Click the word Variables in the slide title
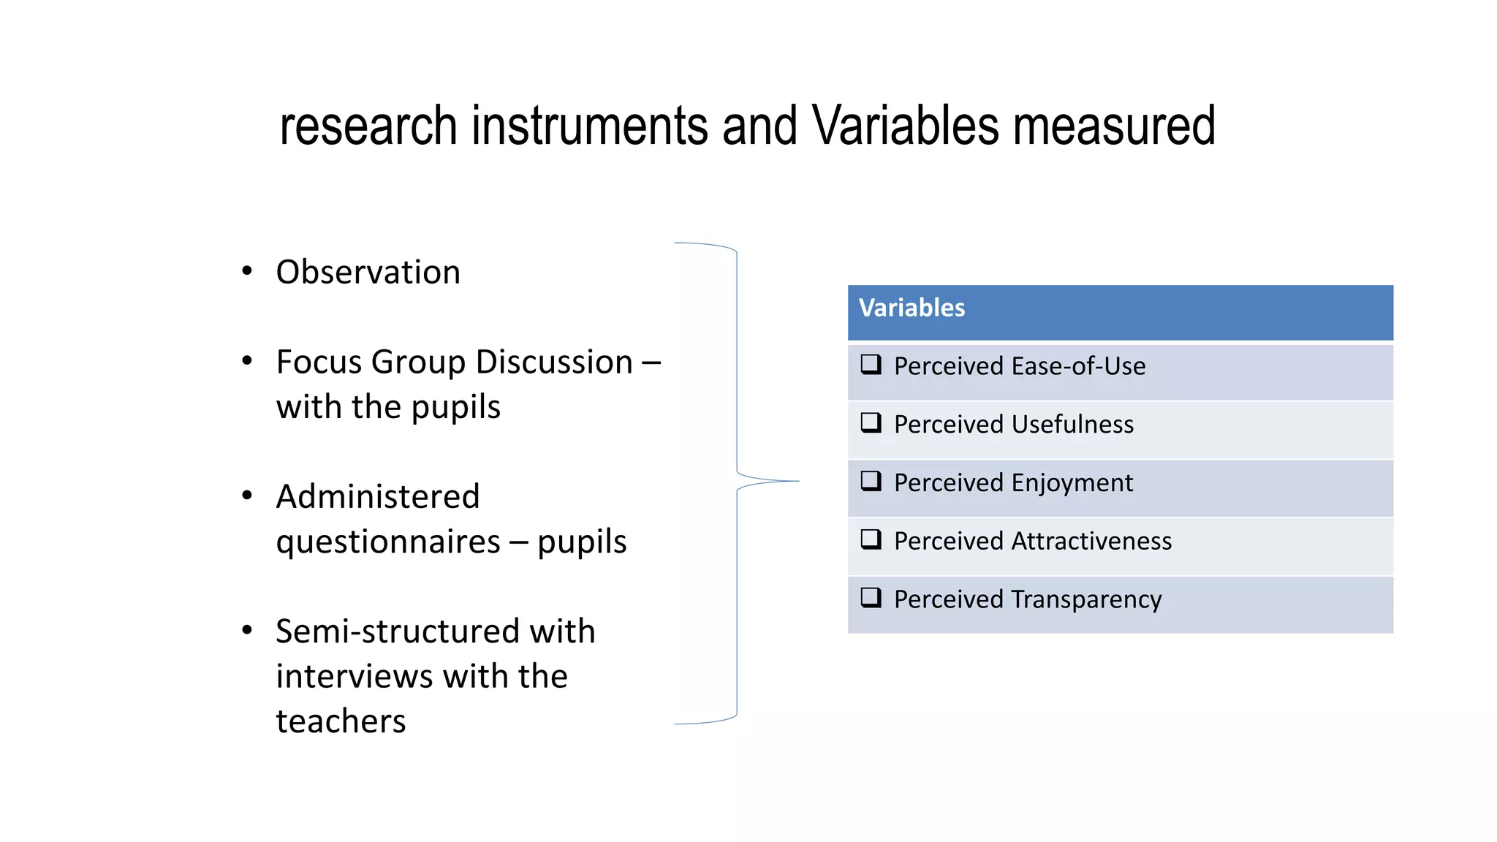coord(905,126)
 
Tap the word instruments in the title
coord(589,126)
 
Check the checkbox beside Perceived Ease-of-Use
coord(871,364)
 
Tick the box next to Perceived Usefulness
coord(871,422)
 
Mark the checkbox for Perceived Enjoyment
coord(871,481)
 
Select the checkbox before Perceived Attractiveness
coord(871,539)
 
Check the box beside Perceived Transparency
coord(871,598)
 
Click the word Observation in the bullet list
coord(368,273)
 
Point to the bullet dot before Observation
coord(247,271)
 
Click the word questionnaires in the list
coord(388,542)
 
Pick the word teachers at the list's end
coord(341,721)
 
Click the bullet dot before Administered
coord(247,496)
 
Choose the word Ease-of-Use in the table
coord(1078,366)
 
